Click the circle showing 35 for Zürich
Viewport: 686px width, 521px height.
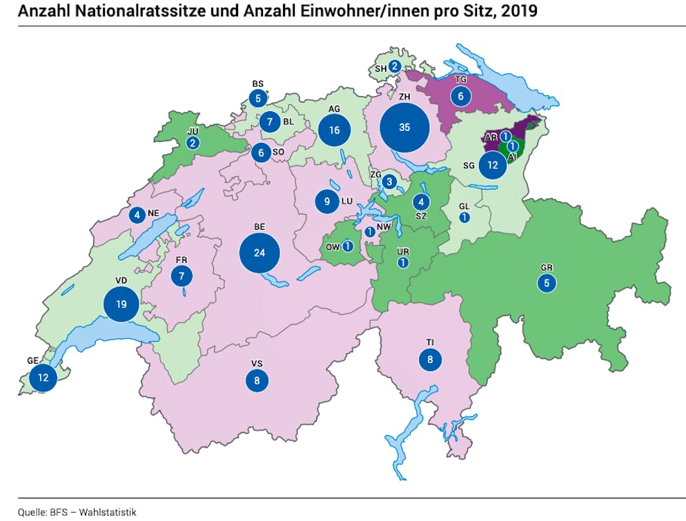tap(404, 128)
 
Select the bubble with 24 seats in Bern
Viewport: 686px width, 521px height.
tap(259, 253)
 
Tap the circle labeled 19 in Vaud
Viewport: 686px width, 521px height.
tap(121, 304)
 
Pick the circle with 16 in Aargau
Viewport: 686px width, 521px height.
tap(335, 130)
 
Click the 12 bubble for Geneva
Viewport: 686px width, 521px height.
tap(43, 377)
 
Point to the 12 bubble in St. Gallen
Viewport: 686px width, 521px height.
tap(492, 166)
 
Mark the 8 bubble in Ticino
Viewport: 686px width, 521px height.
tap(430, 360)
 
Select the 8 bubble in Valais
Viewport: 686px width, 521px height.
tap(257, 380)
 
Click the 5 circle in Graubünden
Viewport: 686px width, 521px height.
tap(547, 282)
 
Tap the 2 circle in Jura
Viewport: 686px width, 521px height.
tap(192, 143)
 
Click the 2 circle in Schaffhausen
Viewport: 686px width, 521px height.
tap(394, 66)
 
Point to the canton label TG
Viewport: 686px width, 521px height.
tap(462, 80)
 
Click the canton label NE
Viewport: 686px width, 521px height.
tap(153, 214)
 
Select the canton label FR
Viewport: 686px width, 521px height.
tap(182, 259)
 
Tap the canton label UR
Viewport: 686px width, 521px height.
tap(403, 251)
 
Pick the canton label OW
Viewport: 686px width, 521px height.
tap(332, 246)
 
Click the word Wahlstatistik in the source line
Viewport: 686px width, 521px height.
tap(108, 512)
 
